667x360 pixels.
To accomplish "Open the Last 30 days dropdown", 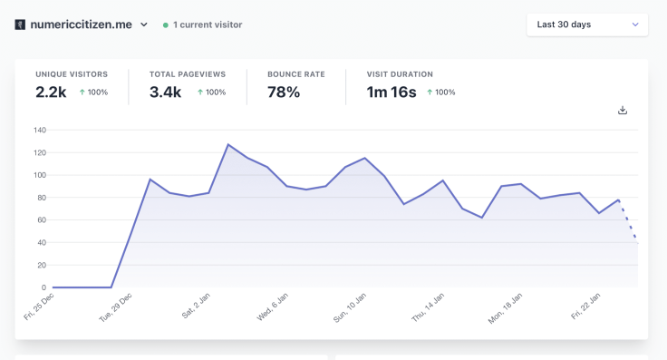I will click(586, 24).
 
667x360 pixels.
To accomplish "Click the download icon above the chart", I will click(623, 111).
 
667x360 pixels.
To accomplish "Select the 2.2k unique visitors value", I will click(51, 92).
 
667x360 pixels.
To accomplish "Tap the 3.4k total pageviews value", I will click(164, 92).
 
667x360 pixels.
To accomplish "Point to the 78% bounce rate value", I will click(284, 92).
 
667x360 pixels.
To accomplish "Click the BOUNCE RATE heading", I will click(295, 74).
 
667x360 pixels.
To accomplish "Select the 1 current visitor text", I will click(207, 24).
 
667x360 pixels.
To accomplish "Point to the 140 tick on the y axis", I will click(39, 130).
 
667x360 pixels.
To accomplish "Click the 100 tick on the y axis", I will click(39, 175).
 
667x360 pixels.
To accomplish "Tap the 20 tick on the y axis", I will click(41, 265).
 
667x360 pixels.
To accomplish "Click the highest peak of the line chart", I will click(228, 144).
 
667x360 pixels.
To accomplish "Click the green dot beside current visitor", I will click(165, 25).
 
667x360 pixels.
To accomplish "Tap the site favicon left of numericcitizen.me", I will click(20, 24).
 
